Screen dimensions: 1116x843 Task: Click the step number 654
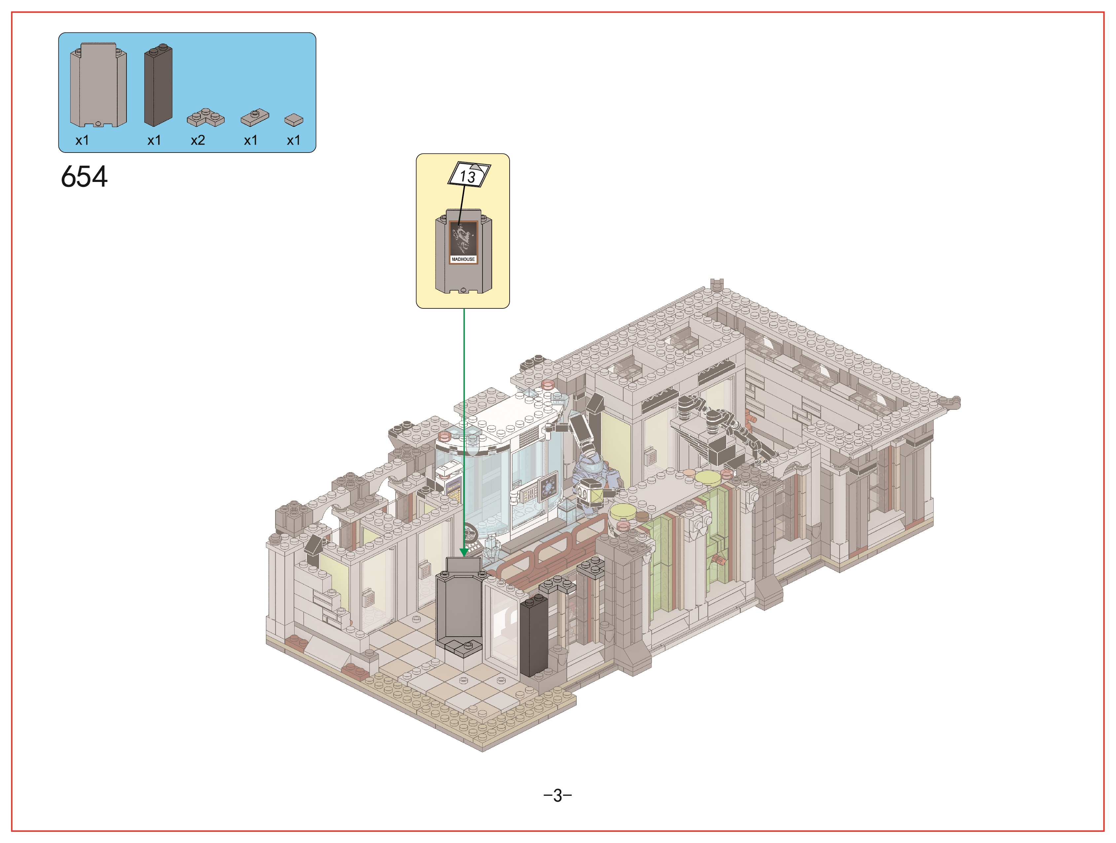point(84,177)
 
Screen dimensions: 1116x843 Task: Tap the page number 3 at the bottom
point(558,795)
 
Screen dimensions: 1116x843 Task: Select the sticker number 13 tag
point(469,175)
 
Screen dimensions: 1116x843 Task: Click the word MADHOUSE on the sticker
point(463,259)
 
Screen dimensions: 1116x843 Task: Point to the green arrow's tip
point(464,556)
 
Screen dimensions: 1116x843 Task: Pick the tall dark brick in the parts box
point(158,85)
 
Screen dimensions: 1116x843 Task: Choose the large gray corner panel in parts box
point(98,85)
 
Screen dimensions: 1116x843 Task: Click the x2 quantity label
point(198,140)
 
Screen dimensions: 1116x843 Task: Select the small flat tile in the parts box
point(294,120)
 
